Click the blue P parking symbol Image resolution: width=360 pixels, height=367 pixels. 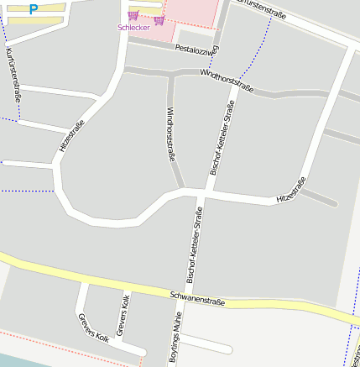[x=34, y=9]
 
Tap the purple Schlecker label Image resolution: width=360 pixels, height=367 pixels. [x=133, y=27]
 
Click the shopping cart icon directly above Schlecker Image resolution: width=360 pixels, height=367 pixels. [x=133, y=16]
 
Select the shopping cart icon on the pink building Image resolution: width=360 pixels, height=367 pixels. [x=159, y=20]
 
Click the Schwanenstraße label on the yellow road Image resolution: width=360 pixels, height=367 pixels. [x=197, y=297]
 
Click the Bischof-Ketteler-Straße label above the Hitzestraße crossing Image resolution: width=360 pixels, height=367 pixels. [x=220, y=139]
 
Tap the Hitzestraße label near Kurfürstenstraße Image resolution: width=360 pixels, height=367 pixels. [x=72, y=137]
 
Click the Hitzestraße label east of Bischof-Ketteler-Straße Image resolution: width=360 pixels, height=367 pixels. [x=291, y=190]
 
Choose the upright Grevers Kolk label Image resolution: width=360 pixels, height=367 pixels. [x=122, y=316]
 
